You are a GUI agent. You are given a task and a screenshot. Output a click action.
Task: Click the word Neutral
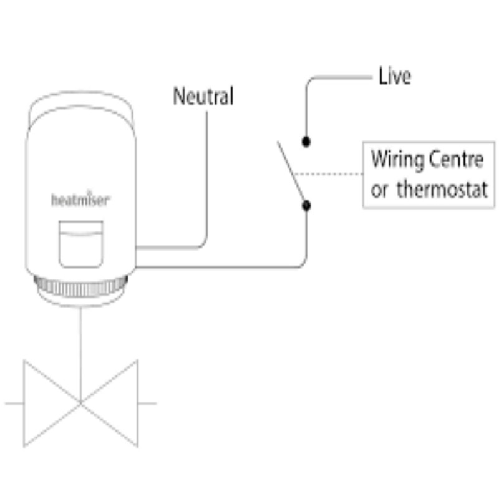203,97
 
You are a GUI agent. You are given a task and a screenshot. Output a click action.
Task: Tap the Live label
395,77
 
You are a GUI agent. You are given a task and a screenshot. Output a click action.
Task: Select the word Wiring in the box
395,160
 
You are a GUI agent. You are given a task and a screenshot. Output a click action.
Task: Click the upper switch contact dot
306,142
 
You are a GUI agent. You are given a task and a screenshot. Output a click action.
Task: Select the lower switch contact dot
306,204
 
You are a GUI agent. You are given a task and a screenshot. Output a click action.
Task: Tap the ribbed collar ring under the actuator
80,288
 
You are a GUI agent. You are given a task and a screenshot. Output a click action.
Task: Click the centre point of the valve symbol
80,403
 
